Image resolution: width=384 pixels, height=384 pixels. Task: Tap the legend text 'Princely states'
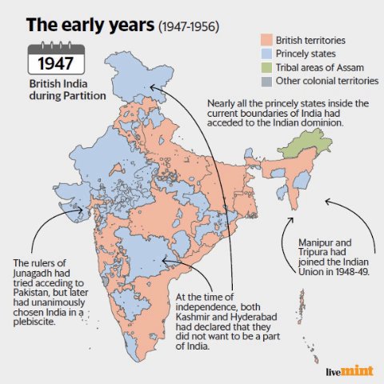click(306, 53)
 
